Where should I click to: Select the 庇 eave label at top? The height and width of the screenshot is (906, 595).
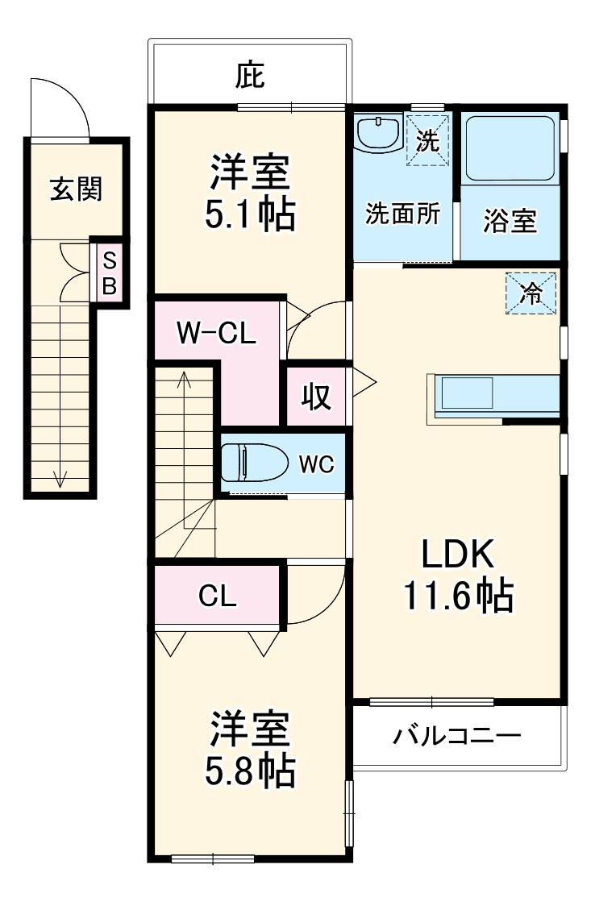tap(250, 77)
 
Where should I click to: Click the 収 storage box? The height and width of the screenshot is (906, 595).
tap(317, 397)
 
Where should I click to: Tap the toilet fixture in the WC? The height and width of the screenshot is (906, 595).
tap(255, 463)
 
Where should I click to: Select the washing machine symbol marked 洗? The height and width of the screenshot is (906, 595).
tap(427, 142)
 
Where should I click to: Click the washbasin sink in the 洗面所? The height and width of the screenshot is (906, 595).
tap(379, 133)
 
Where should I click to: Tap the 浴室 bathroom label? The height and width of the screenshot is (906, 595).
tap(510, 220)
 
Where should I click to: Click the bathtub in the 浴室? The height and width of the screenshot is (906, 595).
tap(510, 149)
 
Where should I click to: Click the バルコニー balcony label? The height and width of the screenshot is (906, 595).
tap(457, 735)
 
